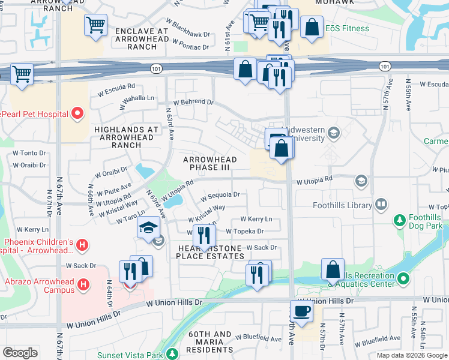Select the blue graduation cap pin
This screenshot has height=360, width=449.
tap(148, 228)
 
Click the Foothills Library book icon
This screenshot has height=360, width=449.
tap(381, 205)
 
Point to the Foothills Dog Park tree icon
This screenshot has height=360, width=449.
tap(399, 221)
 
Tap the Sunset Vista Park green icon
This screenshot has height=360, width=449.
tap(172, 355)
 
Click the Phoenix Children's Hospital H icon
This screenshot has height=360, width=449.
tap(83, 246)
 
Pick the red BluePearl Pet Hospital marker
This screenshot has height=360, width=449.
tap(77, 113)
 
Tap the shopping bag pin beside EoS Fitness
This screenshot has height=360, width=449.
tap(311, 27)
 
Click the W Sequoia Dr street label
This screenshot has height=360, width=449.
tap(220, 195)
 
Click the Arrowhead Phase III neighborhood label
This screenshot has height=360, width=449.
tap(206, 163)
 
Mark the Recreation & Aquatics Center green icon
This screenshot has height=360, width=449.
tap(403, 279)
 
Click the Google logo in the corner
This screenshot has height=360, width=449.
tap(20, 353)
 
